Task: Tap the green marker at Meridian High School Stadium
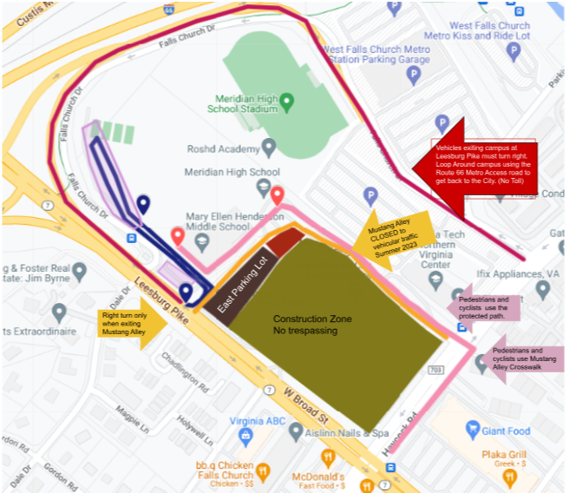click(287, 102)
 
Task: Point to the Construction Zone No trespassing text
click(312, 325)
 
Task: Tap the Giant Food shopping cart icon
click(473, 431)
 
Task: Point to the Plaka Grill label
click(508, 457)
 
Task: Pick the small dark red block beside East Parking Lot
click(284, 243)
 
